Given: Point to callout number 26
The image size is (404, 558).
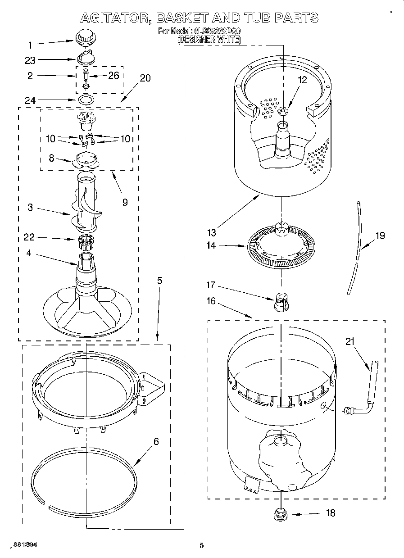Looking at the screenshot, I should pyautogui.click(x=113, y=75).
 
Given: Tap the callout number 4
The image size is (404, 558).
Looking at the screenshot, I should pyautogui.click(x=29, y=253).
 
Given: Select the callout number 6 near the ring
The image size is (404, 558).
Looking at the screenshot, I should pyautogui.click(x=156, y=441).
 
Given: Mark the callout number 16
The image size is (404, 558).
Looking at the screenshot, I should pyautogui.click(x=211, y=301).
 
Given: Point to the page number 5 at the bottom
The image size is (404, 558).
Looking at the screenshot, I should pyautogui.click(x=202, y=545).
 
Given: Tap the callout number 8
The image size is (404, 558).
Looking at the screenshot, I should pyautogui.click(x=51, y=158).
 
